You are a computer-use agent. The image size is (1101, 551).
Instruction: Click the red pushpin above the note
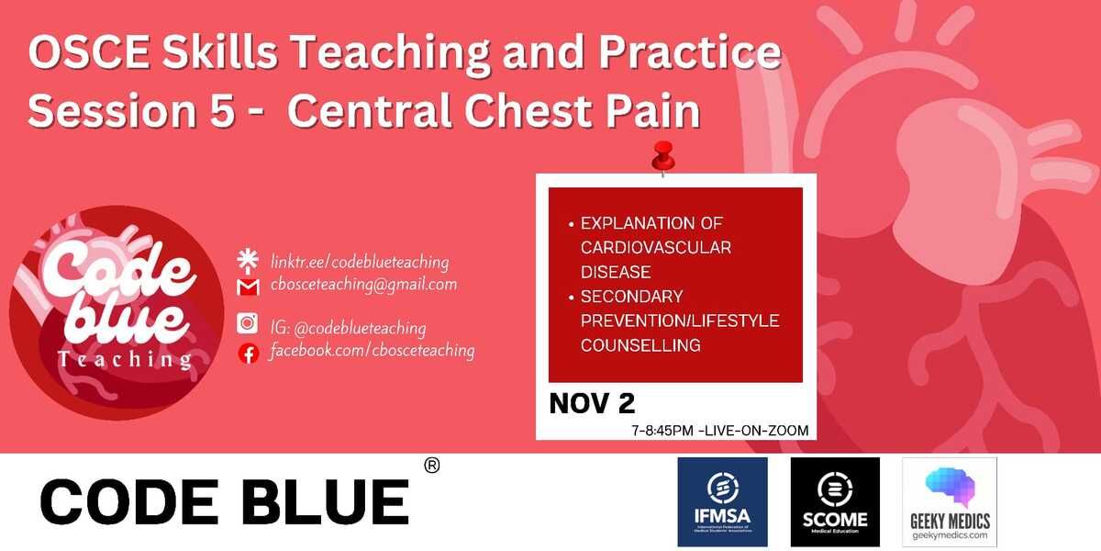pos(662,158)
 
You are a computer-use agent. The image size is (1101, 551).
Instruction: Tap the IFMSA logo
pos(722,502)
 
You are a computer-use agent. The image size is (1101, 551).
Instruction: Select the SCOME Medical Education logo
pos(835,502)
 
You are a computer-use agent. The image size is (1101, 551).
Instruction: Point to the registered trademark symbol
pos(432,466)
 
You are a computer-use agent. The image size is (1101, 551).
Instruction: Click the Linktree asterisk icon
pos(246,260)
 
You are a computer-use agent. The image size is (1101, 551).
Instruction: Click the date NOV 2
pos(591,403)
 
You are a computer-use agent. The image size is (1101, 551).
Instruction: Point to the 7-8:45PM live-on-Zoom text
pos(719,430)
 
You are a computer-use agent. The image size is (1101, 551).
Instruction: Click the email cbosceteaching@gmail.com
pos(363,285)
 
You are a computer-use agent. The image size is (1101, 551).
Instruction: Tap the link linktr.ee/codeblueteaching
pos(359,262)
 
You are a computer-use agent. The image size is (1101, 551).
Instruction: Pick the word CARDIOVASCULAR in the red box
pos(656,248)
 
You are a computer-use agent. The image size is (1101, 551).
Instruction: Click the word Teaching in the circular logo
pos(125,358)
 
